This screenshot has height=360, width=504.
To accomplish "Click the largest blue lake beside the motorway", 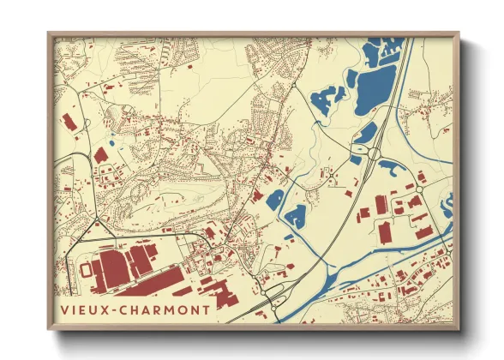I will tap(374, 85).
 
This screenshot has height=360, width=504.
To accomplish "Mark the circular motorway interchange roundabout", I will tap(375, 154).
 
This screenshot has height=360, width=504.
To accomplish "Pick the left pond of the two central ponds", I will tap(274, 201).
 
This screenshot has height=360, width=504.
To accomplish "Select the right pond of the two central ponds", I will tap(296, 216).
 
